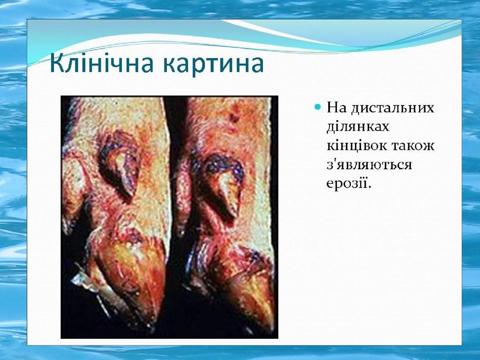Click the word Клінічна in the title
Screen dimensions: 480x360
(101, 63)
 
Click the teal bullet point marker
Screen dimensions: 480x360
(318, 107)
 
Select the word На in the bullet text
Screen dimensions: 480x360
(337, 107)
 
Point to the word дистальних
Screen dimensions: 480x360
(392, 109)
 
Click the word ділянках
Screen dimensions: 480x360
(358, 127)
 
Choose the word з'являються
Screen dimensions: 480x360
(369, 165)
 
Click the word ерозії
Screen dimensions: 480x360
(348, 184)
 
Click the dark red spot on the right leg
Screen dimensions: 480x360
(234, 117)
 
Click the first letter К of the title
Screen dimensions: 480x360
(59, 63)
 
